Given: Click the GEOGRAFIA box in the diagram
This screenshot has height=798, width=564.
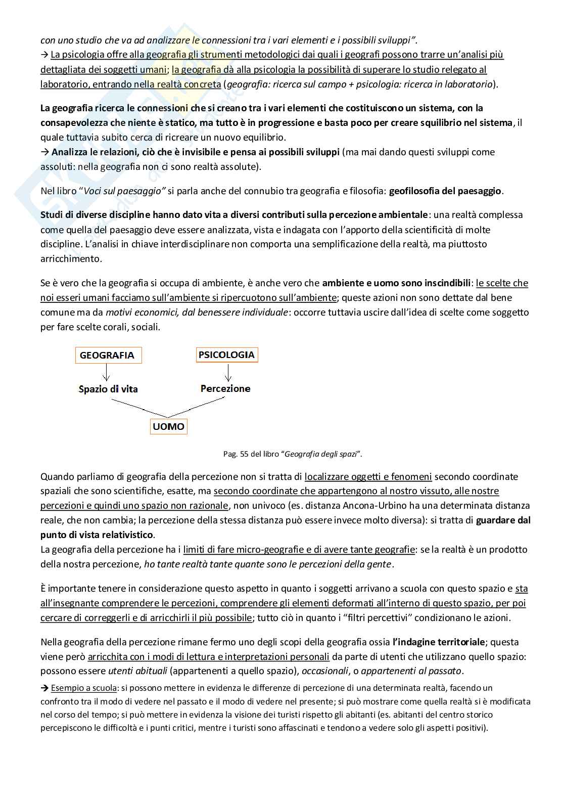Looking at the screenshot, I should tap(107, 355).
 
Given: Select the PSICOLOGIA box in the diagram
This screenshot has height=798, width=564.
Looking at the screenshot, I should tap(226, 354).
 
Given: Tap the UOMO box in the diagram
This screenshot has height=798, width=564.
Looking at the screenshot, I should tap(168, 427).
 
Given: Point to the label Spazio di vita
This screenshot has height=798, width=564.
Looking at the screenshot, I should tap(108, 389).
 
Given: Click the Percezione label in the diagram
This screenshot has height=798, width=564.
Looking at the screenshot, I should tap(225, 388).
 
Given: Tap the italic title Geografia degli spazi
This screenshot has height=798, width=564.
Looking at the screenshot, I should tap(322, 454).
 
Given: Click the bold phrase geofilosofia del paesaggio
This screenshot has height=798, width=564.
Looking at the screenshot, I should tap(445, 191).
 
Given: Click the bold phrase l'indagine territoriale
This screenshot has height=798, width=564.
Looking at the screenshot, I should tap(439, 642).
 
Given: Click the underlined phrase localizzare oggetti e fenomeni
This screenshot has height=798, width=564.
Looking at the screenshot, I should tap(368, 476).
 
